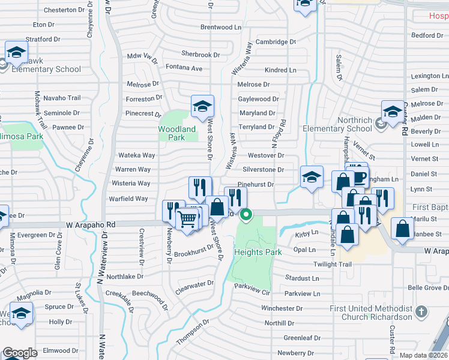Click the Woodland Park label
(x=177, y=133)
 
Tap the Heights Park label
(x=258, y=252)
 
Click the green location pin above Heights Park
(x=246, y=214)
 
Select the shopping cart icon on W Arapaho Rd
(x=187, y=221)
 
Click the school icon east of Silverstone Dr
(x=312, y=178)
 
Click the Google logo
(x=20, y=353)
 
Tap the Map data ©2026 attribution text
(x=423, y=355)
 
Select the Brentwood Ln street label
(x=220, y=28)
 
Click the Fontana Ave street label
(x=184, y=68)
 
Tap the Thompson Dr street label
(x=193, y=332)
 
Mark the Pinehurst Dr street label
(x=256, y=185)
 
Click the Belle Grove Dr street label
(x=428, y=288)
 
